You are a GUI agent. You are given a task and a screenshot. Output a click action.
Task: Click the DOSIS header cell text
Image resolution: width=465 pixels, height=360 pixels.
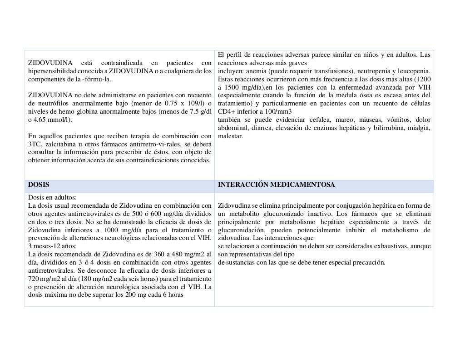pos(39,185)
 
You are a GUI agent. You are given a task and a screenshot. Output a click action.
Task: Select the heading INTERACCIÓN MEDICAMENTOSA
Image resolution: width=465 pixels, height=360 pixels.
pos(276,185)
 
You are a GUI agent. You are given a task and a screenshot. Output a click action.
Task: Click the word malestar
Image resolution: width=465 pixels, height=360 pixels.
pos(230,136)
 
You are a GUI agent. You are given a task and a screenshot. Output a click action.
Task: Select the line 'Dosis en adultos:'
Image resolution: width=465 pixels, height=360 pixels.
pos(52,197)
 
